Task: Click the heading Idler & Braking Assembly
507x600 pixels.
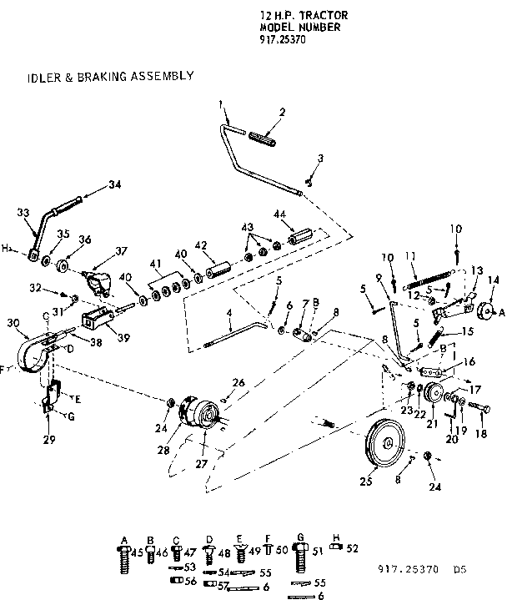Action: tap(111, 76)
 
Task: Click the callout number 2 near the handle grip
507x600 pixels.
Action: tap(281, 111)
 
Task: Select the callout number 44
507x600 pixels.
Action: tap(280, 214)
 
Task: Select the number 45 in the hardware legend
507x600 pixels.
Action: tap(137, 551)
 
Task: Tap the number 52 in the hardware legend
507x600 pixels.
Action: tap(353, 548)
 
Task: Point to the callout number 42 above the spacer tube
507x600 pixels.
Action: tap(199, 245)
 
